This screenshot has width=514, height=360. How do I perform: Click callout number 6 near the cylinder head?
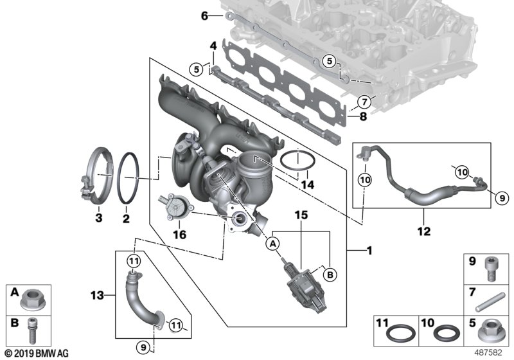pos(204,16)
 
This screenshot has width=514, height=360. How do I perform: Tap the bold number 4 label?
pos(213,45)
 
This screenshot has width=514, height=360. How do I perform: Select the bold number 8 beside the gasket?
pos(363,117)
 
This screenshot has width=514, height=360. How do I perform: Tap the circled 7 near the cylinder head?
pos(364,101)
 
